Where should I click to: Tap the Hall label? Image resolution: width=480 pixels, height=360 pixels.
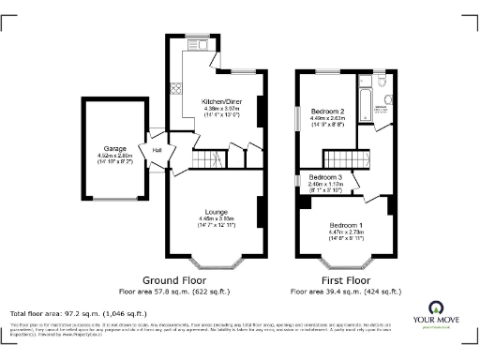[x=157, y=150]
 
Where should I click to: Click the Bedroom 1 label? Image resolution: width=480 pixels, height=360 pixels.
[x=345, y=225]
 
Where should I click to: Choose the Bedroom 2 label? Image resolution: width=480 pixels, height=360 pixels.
[x=328, y=112]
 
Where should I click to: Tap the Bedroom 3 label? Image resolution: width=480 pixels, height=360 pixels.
[x=325, y=177]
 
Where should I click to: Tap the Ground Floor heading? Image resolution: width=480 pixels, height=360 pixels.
[x=174, y=280]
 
